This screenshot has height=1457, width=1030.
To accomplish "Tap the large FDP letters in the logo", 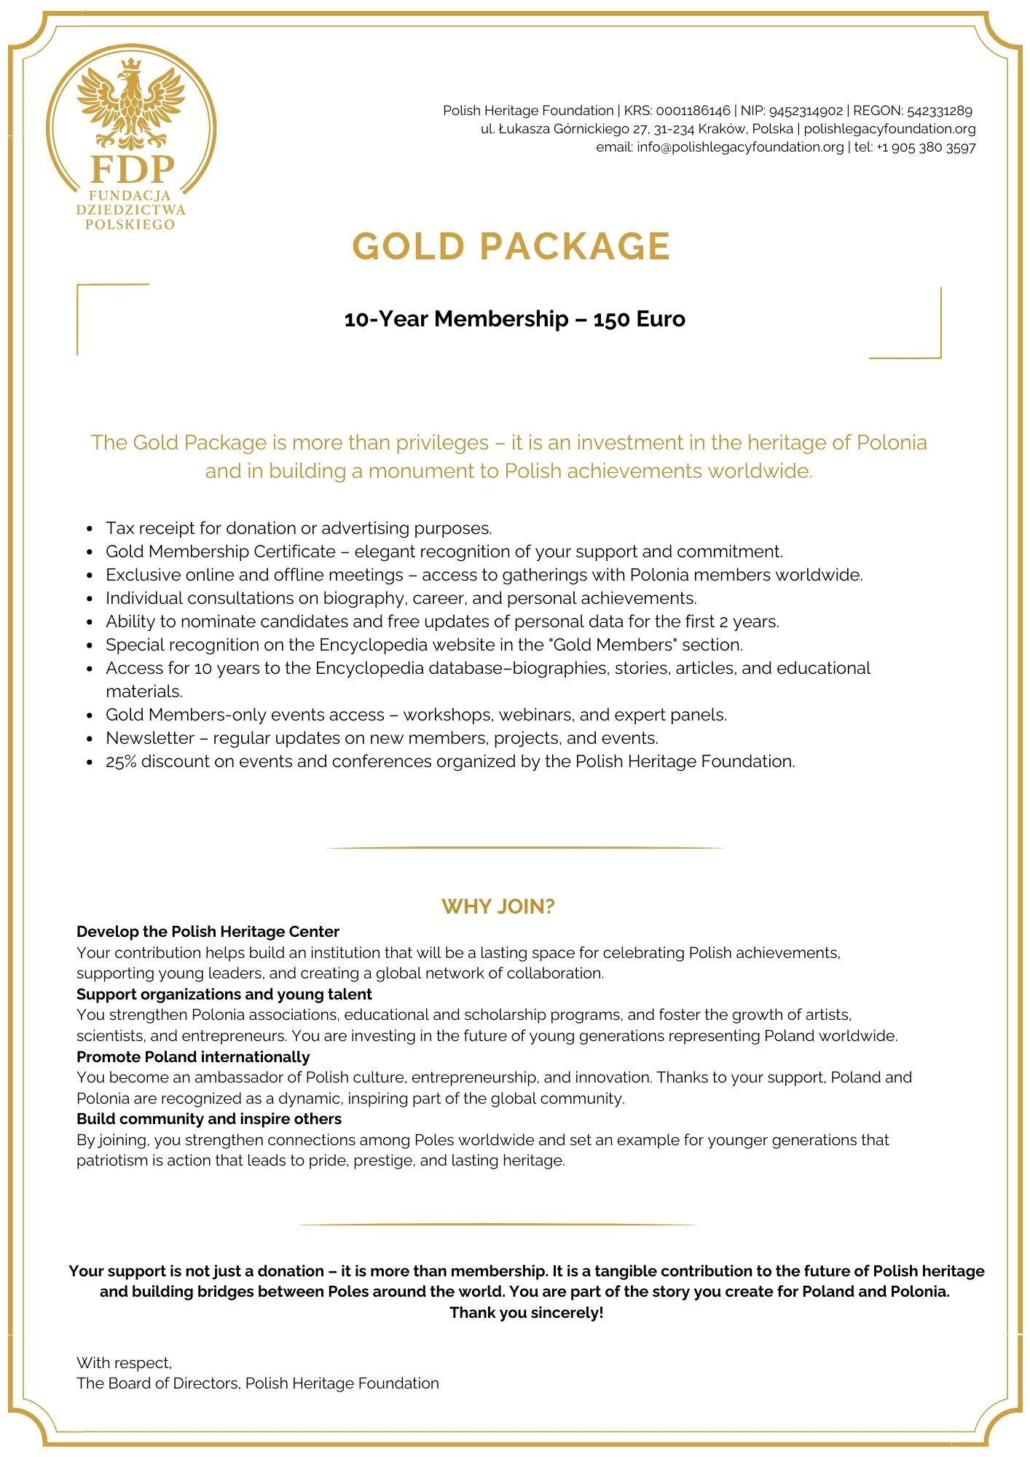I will [132, 169].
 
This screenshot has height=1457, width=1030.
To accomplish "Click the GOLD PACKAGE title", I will [511, 246].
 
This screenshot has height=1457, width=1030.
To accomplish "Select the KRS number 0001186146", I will [693, 111].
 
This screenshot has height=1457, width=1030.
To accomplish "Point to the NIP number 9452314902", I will [806, 111].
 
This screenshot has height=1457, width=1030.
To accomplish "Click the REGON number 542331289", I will [939, 111].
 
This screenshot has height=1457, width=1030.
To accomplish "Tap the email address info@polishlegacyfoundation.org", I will [740, 147].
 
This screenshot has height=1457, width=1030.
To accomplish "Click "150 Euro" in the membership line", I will [639, 319].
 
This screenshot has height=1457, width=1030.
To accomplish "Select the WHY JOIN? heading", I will [498, 906].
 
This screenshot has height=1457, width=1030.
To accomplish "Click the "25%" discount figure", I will [121, 761].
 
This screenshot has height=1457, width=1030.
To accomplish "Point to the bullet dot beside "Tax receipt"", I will [89, 529].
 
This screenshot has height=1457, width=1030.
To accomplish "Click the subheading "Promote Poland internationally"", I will [193, 1056].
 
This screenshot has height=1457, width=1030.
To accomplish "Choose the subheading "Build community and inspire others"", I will [209, 1119].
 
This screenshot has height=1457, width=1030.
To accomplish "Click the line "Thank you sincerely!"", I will [526, 1313].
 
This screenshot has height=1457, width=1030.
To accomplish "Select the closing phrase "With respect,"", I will [124, 1362].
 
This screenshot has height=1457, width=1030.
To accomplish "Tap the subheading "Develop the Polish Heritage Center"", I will [208, 932].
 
